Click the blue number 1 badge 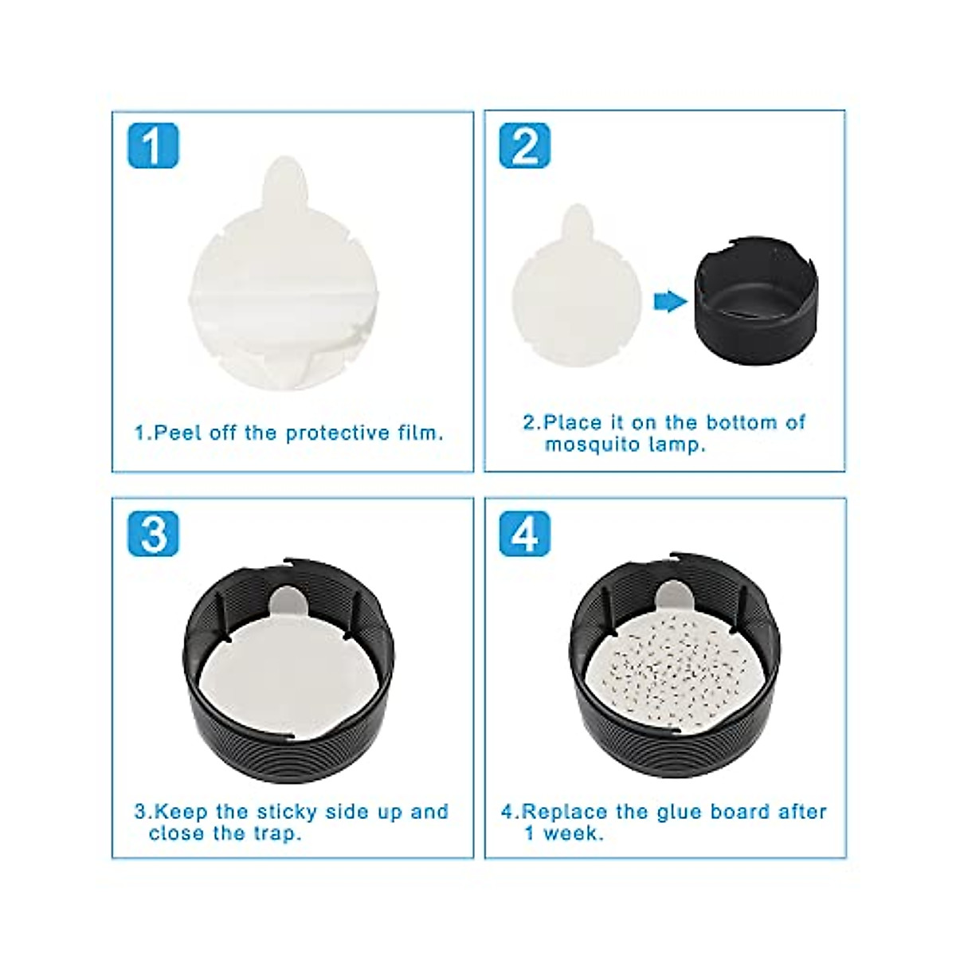coord(153,146)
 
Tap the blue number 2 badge coord(524,146)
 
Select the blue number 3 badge coord(153,533)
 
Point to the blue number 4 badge coord(524,533)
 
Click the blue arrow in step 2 coord(669,300)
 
